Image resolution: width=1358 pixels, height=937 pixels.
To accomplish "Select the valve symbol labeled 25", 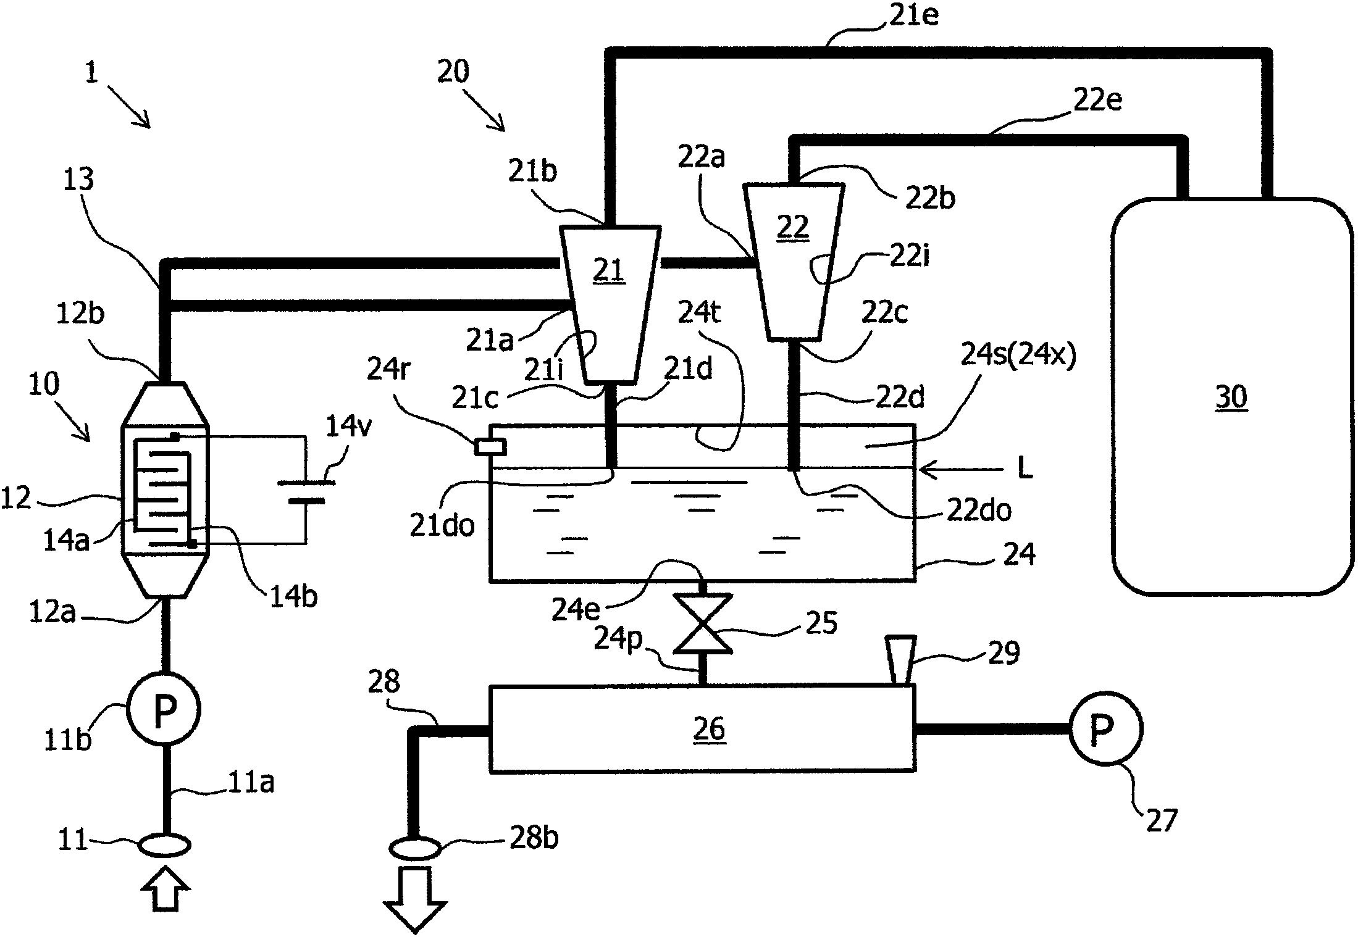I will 703,623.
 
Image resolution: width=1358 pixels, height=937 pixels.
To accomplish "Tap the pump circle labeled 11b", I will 164,710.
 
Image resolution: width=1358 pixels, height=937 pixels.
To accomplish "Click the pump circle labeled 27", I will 1105,729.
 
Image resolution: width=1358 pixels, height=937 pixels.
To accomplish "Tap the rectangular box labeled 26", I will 702,728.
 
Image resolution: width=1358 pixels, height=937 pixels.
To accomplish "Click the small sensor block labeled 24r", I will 490,447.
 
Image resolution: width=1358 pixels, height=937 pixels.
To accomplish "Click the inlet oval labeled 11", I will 164,845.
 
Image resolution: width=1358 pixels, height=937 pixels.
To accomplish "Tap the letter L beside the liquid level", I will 1025,469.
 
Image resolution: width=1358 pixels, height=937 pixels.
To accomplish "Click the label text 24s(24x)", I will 1018,356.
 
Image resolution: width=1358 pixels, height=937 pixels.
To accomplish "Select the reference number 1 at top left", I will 92,73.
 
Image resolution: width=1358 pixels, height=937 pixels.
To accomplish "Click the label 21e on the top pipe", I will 915,17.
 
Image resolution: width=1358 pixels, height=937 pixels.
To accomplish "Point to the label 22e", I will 1098,100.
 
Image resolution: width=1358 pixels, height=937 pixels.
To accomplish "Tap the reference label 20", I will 453,72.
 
